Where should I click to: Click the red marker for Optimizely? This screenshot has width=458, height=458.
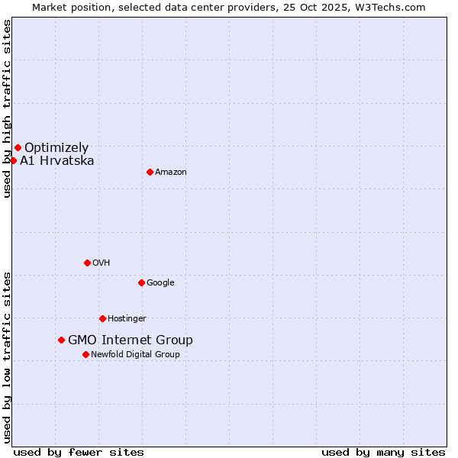tap(18, 147)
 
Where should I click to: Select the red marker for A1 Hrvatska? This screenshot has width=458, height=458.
tap(13, 160)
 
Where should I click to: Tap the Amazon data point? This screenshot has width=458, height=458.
tap(150, 172)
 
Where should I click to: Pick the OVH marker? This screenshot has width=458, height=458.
tap(87, 263)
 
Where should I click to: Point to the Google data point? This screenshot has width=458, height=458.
tap(141, 282)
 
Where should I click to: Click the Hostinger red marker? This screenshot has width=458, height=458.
tap(102, 318)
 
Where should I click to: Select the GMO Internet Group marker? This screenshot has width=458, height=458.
tap(61, 340)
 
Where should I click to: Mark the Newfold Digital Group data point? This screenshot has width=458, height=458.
tap(85, 354)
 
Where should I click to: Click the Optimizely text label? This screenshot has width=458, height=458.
tap(56, 148)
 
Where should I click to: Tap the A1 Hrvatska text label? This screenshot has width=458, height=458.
tap(57, 161)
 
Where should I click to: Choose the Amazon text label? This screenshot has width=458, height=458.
tap(171, 173)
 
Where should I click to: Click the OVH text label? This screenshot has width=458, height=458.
tap(102, 263)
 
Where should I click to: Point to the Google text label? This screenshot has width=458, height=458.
tap(160, 283)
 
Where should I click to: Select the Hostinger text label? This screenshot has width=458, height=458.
tap(127, 319)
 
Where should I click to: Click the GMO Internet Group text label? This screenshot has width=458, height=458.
tap(131, 340)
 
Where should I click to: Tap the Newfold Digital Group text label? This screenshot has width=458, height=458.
tap(135, 355)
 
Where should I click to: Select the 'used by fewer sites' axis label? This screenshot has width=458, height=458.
tap(79, 452)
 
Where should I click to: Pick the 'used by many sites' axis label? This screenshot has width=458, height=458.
tap(383, 452)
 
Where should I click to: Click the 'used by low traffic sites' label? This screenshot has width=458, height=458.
tap(7, 357)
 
